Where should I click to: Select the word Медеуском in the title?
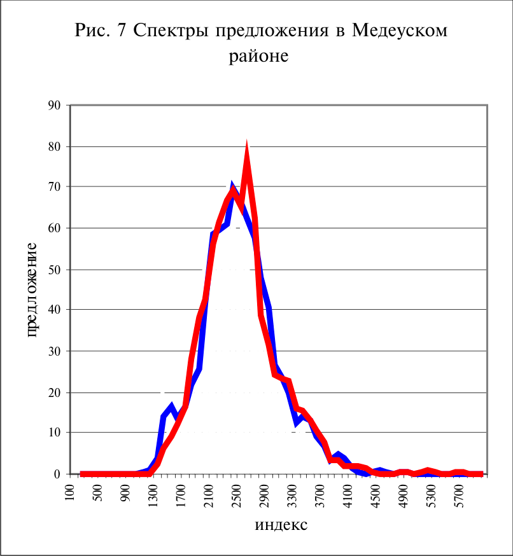point(400,31)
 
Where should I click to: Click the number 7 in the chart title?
point(122,30)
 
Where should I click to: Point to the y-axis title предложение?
point(31,290)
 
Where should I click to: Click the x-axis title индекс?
point(281,525)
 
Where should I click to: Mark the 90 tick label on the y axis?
point(54,106)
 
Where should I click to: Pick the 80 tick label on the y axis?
point(54,146)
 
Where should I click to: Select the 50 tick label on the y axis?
point(54,270)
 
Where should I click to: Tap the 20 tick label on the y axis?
point(54,393)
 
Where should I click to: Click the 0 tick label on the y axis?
point(57,474)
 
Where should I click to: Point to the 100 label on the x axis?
point(70,492)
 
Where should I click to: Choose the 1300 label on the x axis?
point(153,496)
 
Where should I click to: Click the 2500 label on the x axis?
point(236,496)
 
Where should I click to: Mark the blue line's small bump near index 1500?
point(171,405)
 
